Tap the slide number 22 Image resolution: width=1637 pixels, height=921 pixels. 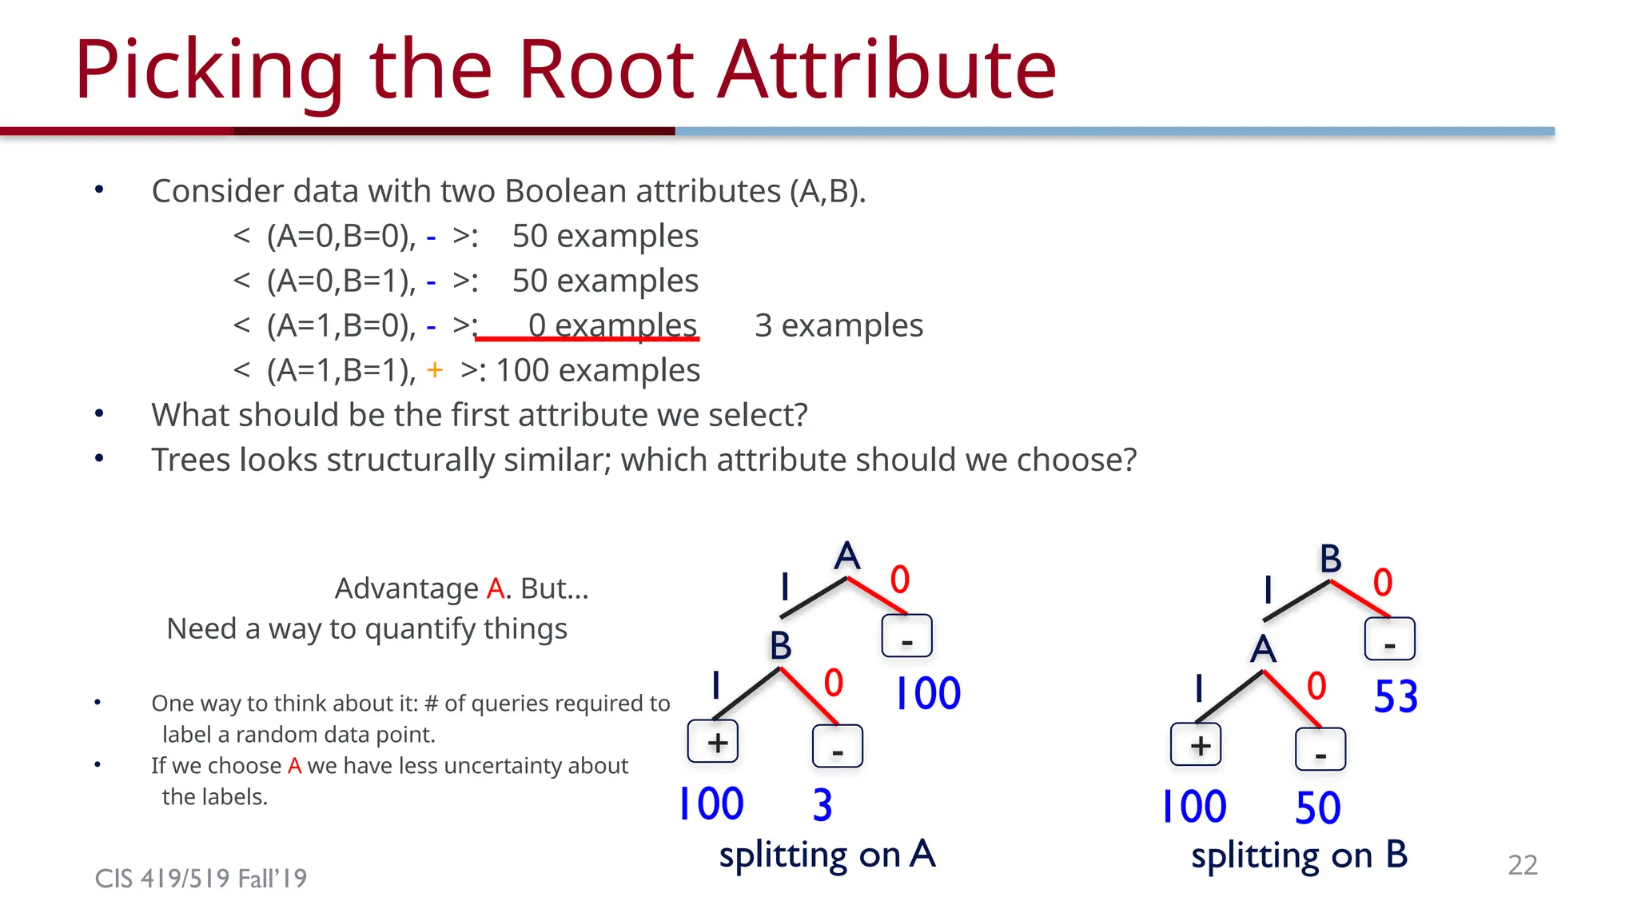[x=1522, y=865]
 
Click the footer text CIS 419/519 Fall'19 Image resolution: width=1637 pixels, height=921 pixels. [x=201, y=879]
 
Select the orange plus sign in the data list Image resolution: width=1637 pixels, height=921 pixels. [x=435, y=370]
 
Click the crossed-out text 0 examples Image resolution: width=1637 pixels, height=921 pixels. [x=611, y=326]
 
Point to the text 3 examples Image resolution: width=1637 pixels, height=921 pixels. [x=838, y=326]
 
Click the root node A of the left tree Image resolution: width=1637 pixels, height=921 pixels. [x=847, y=556]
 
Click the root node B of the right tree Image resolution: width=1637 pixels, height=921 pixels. [x=1330, y=559]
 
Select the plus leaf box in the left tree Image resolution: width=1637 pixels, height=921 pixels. [x=713, y=742]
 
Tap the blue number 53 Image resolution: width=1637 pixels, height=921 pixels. [x=1396, y=696]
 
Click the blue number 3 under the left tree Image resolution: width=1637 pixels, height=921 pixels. [x=822, y=805]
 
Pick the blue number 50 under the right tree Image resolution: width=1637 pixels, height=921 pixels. [x=1317, y=807]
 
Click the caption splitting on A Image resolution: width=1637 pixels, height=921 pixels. [x=826, y=855]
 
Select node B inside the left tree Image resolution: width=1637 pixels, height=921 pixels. [x=780, y=646]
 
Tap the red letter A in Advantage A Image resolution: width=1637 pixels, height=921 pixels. [x=496, y=589]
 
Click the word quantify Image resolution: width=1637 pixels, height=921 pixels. [x=420, y=629]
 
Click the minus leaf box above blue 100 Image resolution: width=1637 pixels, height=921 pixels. [x=906, y=636]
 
